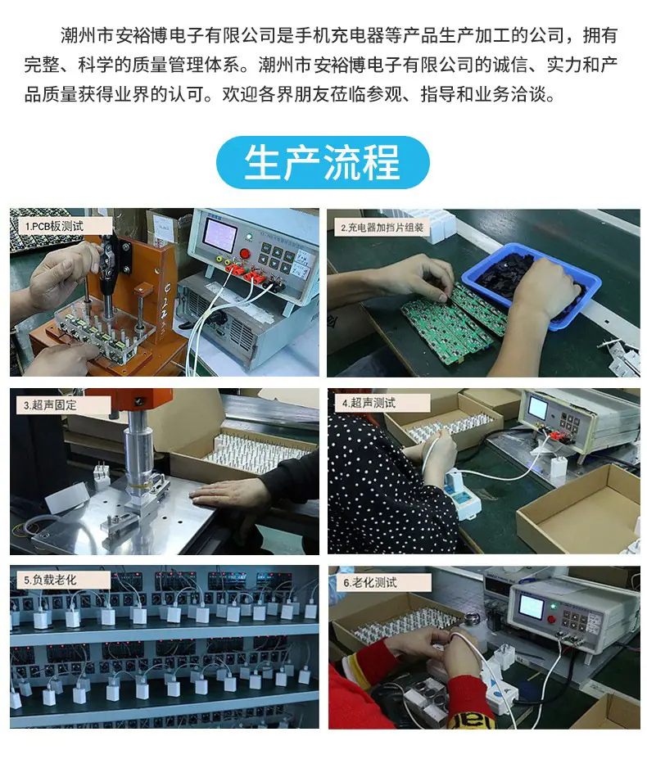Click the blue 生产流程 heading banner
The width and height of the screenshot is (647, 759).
(323, 162)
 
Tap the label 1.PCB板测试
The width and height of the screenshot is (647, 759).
(54, 226)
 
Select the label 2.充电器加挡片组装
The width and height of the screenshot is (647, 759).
(382, 228)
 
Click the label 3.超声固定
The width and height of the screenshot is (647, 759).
(50, 404)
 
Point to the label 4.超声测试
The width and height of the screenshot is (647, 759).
(369, 403)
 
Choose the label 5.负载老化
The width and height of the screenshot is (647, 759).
(50, 580)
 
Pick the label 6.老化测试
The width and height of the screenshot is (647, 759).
(370, 582)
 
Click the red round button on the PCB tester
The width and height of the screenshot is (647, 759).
(245, 254)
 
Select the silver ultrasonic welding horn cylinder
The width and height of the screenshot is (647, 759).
(139, 452)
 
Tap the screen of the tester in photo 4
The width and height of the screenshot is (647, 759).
(537, 408)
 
